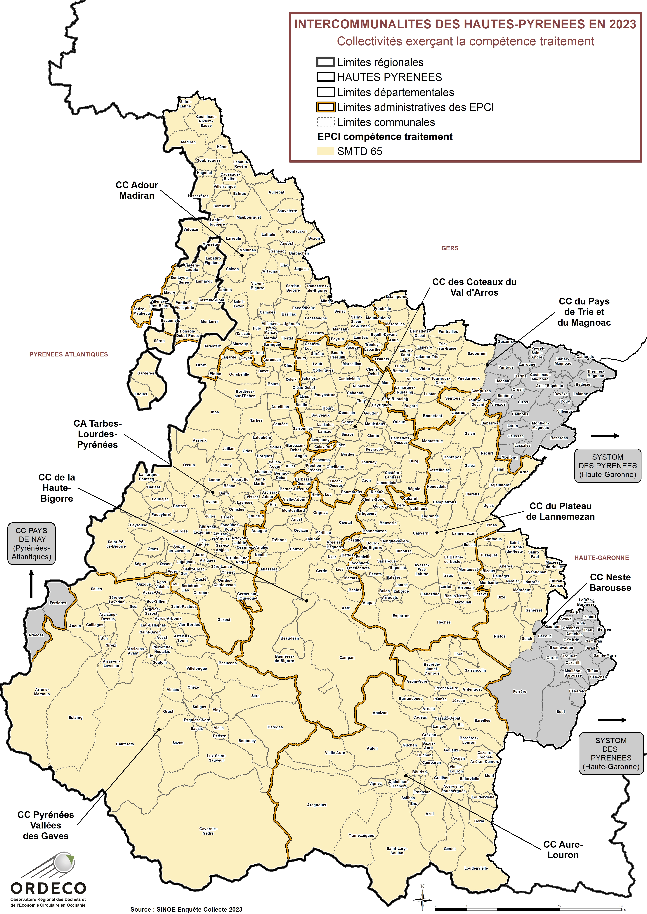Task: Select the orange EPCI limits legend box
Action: pos(325,107)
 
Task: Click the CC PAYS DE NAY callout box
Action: pos(32,543)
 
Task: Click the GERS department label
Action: pos(450,248)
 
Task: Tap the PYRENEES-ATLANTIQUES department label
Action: pos(69,354)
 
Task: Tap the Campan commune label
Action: pos(347,657)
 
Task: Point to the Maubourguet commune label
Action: pos(249,217)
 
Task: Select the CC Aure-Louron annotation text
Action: pos(563,849)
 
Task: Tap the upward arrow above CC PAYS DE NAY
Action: pos(32,584)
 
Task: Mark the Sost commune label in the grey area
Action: pos(561,711)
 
